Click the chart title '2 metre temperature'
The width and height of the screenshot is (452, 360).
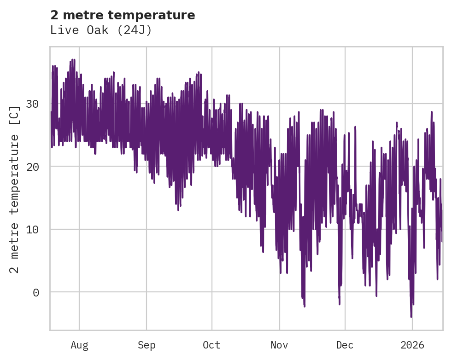[x=123, y=15]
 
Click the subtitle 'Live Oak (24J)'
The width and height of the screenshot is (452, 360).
[x=101, y=30]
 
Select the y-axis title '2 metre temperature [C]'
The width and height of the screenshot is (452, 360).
[x=15, y=189]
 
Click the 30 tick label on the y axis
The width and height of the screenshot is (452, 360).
[x=32, y=104]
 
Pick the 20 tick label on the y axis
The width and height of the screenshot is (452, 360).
[x=32, y=167]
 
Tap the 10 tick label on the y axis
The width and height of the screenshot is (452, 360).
[x=32, y=229]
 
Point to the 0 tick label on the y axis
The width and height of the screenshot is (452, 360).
[x=35, y=292]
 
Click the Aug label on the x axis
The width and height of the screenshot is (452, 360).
[x=79, y=345]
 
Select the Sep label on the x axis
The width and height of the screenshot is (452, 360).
[x=147, y=345]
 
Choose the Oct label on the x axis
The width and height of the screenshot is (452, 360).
[x=212, y=345]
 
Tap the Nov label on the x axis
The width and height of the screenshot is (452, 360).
[x=279, y=345]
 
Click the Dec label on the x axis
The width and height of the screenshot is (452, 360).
[x=345, y=345]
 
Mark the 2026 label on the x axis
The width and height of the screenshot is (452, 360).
[x=412, y=345]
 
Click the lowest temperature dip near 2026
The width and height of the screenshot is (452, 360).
[x=411, y=316]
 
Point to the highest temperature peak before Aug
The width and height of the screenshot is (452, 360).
[x=72, y=60]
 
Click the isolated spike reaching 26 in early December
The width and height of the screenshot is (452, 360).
[x=355, y=127]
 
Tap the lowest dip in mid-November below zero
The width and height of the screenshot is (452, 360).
[x=304, y=306]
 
